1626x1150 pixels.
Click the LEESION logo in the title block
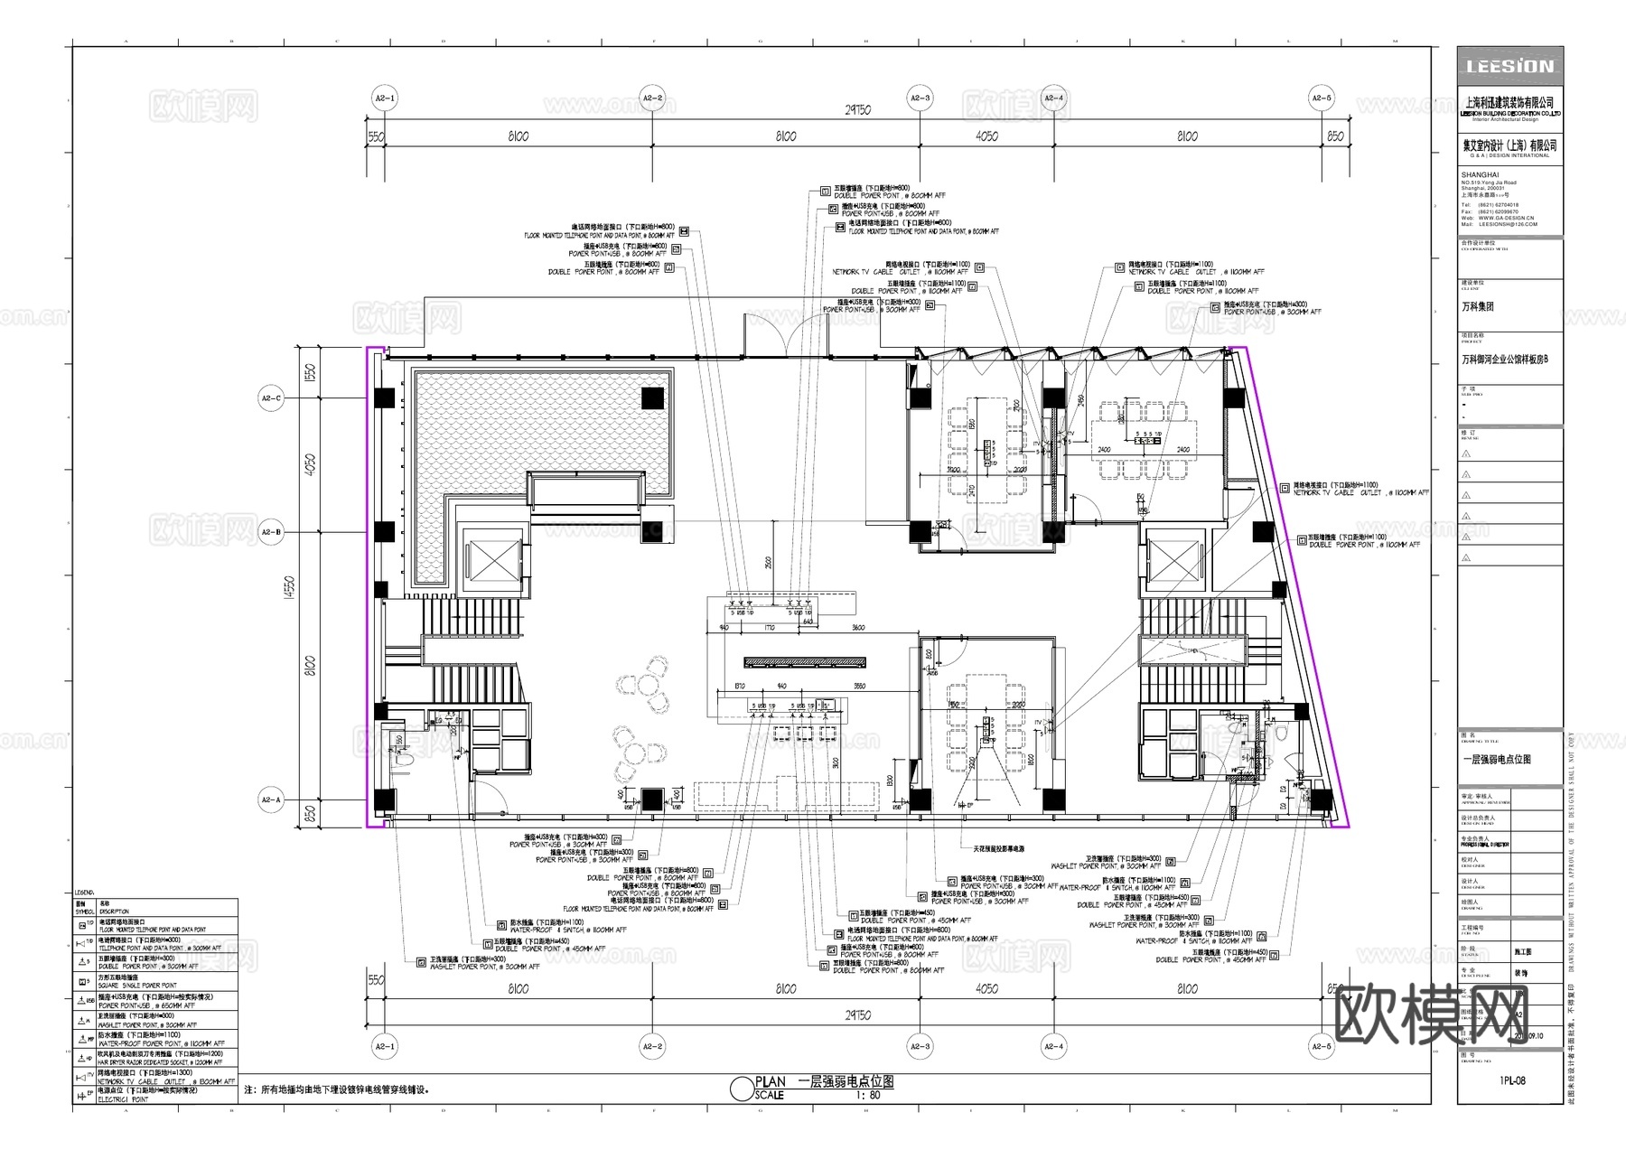(1509, 67)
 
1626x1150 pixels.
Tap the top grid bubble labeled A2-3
(919, 98)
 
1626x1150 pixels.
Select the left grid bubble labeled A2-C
(271, 397)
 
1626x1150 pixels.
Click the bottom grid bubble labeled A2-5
(1321, 1047)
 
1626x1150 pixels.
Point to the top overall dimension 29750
(857, 109)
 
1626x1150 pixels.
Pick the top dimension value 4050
(986, 136)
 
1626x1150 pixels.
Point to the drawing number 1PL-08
(1511, 1080)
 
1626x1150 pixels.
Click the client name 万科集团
(1478, 307)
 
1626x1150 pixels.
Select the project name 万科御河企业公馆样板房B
(1505, 360)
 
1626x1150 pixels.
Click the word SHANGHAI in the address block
(1480, 175)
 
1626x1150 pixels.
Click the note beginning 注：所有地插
(336, 1090)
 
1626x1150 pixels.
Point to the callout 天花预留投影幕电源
(998, 849)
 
